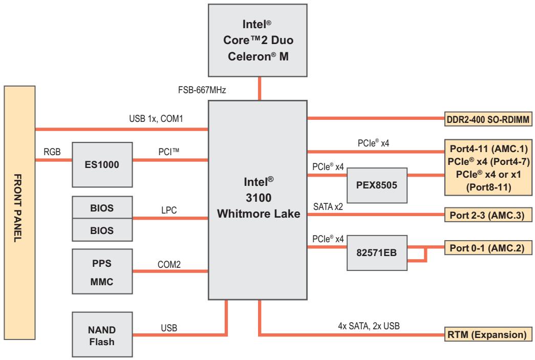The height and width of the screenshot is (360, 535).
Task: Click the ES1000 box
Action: coord(102,165)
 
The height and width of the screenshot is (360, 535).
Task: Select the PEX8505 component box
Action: coord(377,185)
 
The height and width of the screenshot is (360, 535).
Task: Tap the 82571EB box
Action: coord(377,253)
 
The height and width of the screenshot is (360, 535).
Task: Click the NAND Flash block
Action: coord(102,334)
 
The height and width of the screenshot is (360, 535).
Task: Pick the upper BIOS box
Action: coord(102,207)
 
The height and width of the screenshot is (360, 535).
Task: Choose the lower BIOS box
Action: coord(102,230)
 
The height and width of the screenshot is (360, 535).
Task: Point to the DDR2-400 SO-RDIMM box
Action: coord(488,119)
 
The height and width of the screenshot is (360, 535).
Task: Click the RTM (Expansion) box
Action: coord(488,334)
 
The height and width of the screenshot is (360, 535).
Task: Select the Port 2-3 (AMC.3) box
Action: coord(488,215)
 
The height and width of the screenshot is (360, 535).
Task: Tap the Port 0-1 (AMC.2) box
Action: coord(488,248)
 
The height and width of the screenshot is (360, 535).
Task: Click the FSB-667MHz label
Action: coord(202,90)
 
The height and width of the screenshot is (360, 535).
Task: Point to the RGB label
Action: coord(52,152)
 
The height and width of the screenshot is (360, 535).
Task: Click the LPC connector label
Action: coord(169,210)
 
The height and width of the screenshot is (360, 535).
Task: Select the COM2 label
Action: coord(169,264)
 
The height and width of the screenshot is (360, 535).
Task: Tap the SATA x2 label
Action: coord(328,207)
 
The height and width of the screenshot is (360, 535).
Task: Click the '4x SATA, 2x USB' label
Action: coord(369,326)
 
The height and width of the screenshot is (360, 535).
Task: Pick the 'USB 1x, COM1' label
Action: coord(156,119)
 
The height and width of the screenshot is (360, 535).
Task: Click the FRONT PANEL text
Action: coord(17,208)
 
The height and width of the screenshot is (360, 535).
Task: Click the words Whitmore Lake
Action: coord(259,214)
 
